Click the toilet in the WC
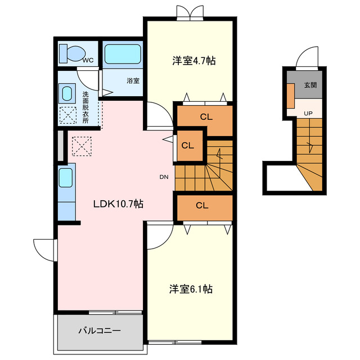[71, 53]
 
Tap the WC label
[88, 60]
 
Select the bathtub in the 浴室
[122, 54]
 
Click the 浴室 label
[133, 80]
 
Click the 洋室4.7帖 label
[193, 61]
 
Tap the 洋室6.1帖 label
[191, 289]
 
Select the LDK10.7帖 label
[118, 204]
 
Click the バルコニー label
[98, 331]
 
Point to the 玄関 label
[310, 86]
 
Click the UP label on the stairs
[308, 114]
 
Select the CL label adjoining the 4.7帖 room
[206, 118]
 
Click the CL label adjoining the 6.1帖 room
[202, 205]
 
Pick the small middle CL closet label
[187, 145]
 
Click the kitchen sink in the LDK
[66, 178]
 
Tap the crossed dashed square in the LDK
[81, 146]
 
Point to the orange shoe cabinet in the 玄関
[291, 94]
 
